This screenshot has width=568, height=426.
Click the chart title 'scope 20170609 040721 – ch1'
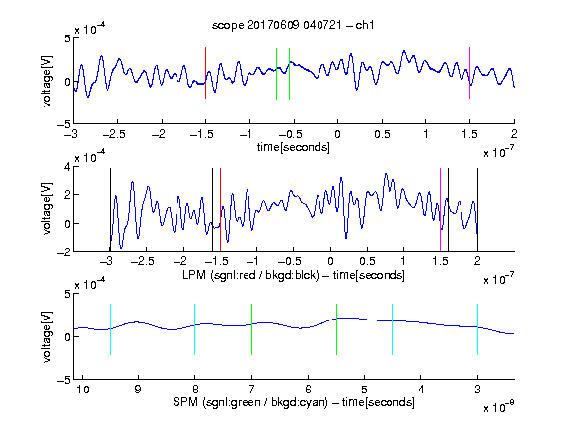click(293, 25)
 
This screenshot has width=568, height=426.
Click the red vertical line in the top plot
click(205, 73)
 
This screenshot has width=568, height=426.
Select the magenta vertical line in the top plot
click(469, 73)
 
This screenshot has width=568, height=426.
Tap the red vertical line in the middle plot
click(220, 210)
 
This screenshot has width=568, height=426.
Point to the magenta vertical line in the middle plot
click(440, 210)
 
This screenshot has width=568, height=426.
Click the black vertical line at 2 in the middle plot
click(477, 210)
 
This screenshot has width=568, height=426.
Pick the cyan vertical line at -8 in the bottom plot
click(194, 329)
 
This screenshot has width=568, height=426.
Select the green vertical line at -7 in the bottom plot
click(251, 329)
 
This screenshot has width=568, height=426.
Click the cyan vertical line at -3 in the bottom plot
click(477, 329)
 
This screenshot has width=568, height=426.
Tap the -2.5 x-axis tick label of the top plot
click(113, 134)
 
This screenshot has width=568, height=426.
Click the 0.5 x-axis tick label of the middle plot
click(367, 261)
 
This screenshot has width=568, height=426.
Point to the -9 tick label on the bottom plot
click(134, 390)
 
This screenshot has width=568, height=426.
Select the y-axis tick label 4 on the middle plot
click(67, 167)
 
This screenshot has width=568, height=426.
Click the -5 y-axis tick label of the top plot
click(64, 124)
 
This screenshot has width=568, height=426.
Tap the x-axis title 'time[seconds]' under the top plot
click(294, 147)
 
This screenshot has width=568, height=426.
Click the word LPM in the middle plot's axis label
click(194, 275)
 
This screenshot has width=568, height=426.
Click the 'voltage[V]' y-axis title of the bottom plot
click(47, 336)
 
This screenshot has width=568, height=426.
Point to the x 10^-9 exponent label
click(499, 406)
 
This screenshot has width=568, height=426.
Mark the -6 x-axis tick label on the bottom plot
click(307, 390)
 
